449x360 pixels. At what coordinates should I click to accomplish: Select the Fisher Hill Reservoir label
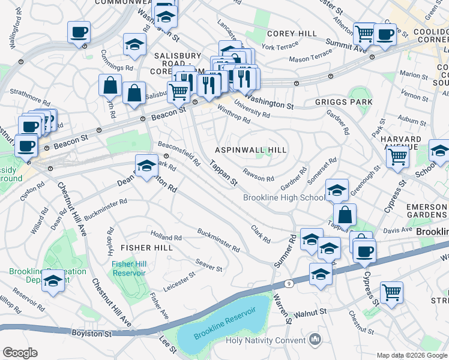[128, 268]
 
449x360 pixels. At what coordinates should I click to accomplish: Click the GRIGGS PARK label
[343, 102]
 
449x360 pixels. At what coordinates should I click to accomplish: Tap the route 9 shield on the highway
[289, 283]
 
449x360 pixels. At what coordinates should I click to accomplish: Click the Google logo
[20, 352]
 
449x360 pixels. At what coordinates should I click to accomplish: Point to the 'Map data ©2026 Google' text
[412, 355]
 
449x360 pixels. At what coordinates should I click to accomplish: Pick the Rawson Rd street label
[258, 178]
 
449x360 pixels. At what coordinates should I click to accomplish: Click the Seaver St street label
[209, 263]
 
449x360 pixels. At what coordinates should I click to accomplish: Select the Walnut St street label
[310, 313]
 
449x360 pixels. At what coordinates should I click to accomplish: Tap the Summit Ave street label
[346, 44]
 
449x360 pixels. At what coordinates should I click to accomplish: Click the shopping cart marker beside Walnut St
[391, 292]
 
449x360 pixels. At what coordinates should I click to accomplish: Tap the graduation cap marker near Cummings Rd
[134, 44]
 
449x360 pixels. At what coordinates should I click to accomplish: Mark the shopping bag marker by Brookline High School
[345, 214]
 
